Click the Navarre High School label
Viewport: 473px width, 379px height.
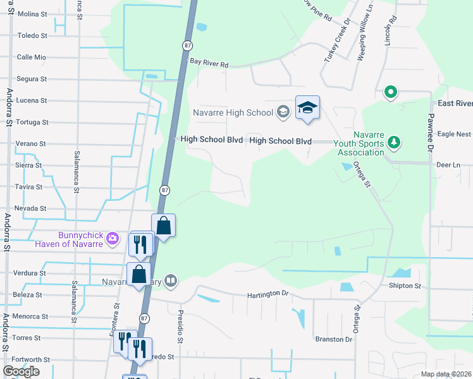click(233, 112)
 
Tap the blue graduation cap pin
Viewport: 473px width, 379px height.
click(307, 108)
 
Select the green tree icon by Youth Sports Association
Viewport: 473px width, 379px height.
click(395, 141)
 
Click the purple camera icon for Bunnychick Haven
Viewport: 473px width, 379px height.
click(113, 238)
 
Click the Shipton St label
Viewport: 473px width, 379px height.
click(405, 286)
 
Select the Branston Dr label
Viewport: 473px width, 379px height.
click(333, 339)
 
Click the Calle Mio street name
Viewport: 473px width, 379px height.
click(32, 57)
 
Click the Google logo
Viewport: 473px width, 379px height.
click(21, 371)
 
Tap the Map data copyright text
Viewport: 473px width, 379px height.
click(446, 374)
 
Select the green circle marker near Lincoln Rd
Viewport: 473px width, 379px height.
click(391, 93)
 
